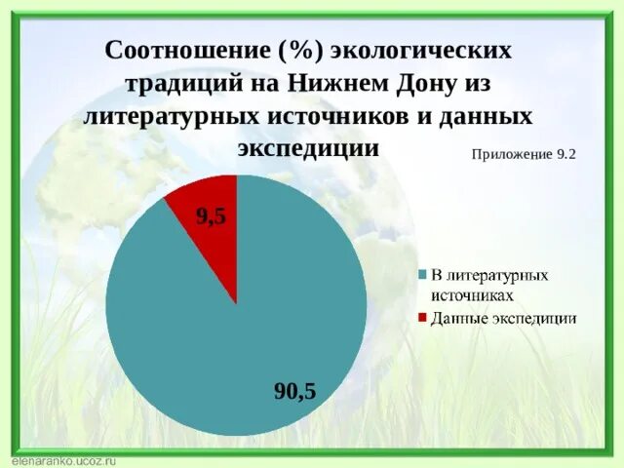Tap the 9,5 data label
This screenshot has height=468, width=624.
212,217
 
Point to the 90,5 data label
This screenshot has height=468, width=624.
294,391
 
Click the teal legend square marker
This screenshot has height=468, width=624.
422,275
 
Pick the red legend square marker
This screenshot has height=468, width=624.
422,318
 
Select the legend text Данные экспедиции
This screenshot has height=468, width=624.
504,318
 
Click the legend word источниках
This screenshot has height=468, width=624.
473,292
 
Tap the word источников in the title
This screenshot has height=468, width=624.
340,116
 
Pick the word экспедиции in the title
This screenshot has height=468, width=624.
307,148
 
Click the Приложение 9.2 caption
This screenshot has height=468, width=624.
524,153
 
